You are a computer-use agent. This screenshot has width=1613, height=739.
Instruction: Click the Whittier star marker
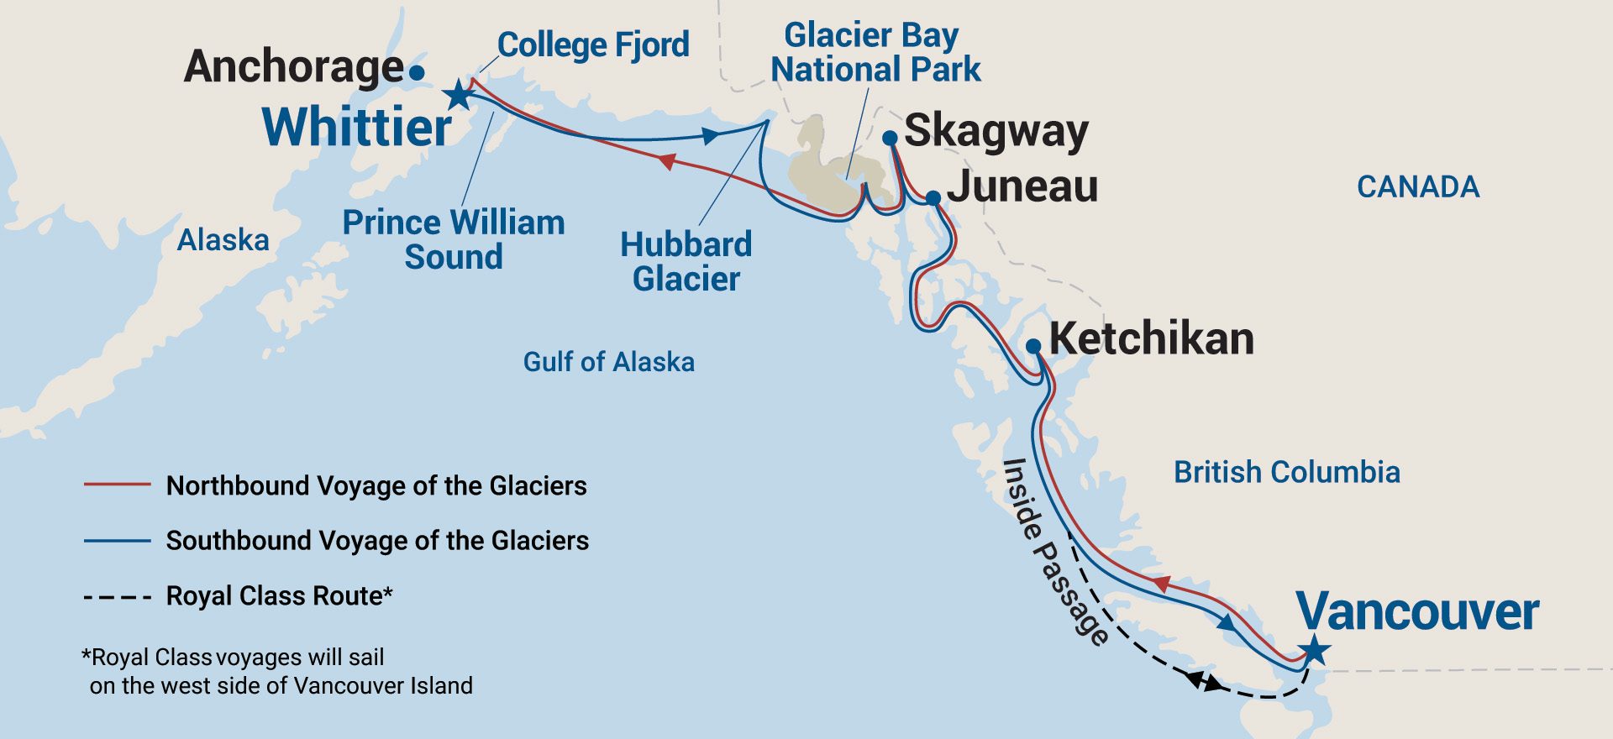point(459,94)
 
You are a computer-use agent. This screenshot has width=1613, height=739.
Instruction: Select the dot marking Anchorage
point(417,72)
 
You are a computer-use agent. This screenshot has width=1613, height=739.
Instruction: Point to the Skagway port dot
point(891,138)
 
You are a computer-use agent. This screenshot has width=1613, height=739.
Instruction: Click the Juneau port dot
point(933,198)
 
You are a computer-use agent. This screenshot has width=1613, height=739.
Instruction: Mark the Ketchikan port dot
point(1033,346)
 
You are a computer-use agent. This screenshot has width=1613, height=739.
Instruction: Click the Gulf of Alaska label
point(608,362)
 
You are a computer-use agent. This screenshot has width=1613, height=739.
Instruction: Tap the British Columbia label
point(1286,472)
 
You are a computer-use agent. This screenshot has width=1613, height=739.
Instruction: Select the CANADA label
point(1417,186)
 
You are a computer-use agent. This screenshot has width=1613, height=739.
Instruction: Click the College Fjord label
point(593,45)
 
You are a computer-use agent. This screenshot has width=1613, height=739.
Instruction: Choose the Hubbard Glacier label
point(686,261)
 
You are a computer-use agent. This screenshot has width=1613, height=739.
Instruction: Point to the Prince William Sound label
point(454,239)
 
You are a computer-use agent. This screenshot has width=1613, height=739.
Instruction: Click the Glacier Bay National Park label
point(875,52)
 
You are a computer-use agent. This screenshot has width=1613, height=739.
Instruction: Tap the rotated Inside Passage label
point(1055,553)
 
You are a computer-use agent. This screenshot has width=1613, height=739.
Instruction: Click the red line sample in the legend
point(117,485)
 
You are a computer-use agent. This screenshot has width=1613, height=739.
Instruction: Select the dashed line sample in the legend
point(117,598)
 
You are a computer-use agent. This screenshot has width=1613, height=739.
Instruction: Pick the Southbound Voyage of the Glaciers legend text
point(377,540)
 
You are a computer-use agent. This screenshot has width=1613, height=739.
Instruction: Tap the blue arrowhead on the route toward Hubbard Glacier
point(711,135)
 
